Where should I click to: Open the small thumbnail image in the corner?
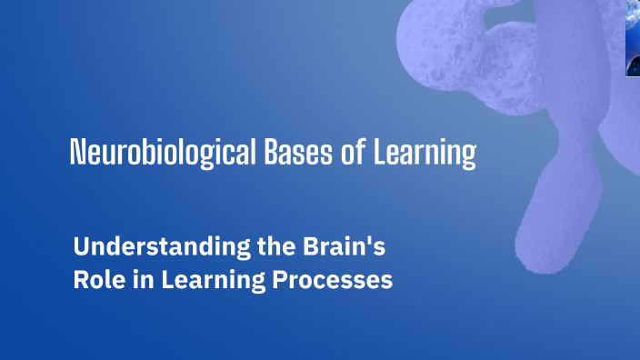point(633,37)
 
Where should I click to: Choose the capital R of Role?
point(80,280)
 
